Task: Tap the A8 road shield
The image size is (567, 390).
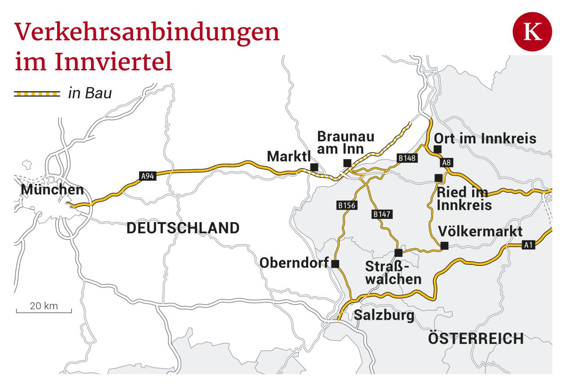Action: pos(445,162)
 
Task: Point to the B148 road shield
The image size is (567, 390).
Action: pos(407,158)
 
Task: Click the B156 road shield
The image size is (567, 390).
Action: pos(347,205)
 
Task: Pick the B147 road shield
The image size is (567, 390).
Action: pos(381,214)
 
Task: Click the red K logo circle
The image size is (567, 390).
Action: pos(532,32)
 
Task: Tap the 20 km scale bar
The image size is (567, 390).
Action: pos(44,311)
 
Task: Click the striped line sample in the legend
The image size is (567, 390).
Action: pos(37,94)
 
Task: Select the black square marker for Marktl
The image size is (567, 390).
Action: pos(314,167)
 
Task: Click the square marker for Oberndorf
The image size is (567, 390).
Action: pos(335,264)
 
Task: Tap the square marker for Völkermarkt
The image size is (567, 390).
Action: pos(444,246)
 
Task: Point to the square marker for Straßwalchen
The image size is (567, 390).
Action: pos(399,252)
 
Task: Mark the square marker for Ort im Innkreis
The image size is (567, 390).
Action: pos(438,149)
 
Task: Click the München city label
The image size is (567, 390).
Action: pos(52,189)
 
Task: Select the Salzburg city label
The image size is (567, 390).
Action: pos(384,315)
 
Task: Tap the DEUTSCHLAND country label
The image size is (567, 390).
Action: pos(183,228)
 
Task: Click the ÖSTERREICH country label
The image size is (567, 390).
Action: pos(475,338)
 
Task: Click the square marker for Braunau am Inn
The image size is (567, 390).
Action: pos(347,163)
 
